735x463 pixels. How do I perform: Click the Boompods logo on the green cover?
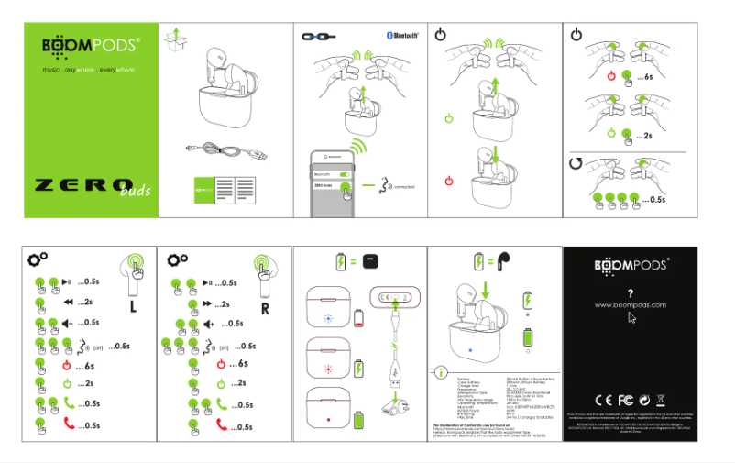tap(91, 46)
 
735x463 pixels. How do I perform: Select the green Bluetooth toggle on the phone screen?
tap(346, 171)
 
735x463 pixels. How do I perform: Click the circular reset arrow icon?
tap(576, 163)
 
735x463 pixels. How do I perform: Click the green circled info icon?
tap(442, 371)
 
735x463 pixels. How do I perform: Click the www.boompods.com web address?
tap(630, 303)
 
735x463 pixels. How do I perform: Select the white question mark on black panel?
tap(630, 292)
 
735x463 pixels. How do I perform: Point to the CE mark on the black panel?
tap(603, 400)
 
